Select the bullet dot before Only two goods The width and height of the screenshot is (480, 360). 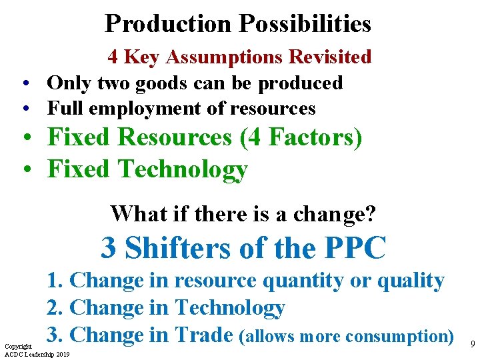[x=25, y=84]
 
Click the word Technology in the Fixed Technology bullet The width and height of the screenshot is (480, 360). [x=183, y=169]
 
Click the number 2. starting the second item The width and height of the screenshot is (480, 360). [x=55, y=308]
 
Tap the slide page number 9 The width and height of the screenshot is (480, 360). [x=472, y=344]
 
